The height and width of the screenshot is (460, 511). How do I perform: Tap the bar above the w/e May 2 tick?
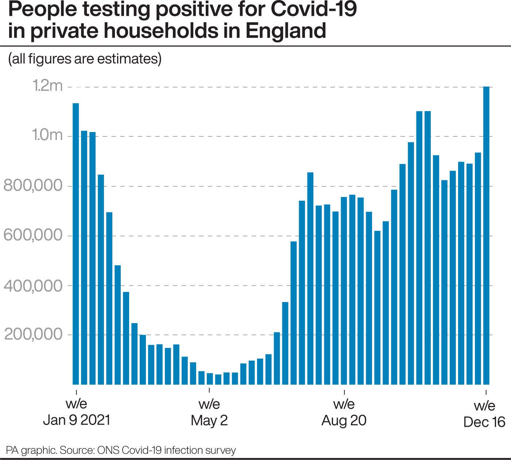click(x=210, y=379)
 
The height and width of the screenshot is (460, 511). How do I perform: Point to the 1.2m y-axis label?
click(x=48, y=86)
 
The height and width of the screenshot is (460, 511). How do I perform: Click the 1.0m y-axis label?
click(x=48, y=136)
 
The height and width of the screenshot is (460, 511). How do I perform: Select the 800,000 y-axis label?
click(x=33, y=186)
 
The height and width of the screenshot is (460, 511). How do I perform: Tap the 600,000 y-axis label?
click(x=33, y=235)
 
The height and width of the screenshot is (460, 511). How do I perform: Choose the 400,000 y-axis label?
click(x=33, y=285)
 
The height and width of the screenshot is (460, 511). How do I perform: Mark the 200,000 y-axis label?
click(x=33, y=335)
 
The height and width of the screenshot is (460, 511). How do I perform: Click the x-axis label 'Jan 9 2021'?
click(x=76, y=420)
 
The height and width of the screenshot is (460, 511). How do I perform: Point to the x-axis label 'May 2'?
click(x=209, y=420)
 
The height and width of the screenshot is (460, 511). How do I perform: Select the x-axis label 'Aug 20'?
click(x=344, y=420)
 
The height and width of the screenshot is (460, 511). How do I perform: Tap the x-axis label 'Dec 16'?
click(x=484, y=422)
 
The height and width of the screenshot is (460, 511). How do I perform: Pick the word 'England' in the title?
click(x=285, y=31)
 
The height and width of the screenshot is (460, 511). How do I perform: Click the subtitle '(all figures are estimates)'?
click(x=85, y=58)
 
